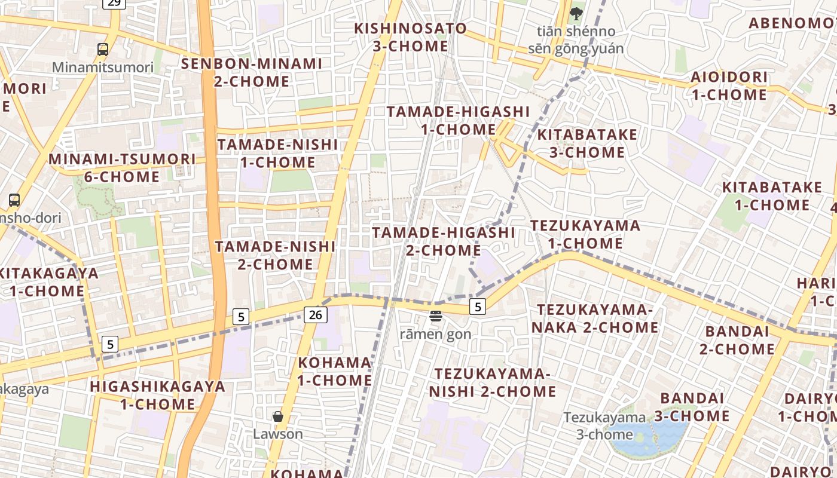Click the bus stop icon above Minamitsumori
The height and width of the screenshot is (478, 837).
[x=103, y=50]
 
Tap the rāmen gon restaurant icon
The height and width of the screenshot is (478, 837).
[x=435, y=316]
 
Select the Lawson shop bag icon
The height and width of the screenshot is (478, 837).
[x=277, y=416]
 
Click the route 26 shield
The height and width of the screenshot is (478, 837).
[x=315, y=314]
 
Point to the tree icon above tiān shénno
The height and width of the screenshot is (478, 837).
[x=576, y=13]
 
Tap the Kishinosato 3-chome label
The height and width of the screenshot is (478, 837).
[x=410, y=37]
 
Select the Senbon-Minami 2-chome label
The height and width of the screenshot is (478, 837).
[x=252, y=72]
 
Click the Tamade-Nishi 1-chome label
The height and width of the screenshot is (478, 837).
[x=277, y=154]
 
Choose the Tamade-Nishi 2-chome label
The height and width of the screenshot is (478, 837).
[x=275, y=255]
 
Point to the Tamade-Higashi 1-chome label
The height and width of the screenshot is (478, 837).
[x=458, y=120]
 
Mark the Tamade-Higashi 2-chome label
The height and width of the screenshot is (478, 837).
[x=443, y=241]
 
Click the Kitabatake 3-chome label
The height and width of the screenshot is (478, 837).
[x=587, y=143]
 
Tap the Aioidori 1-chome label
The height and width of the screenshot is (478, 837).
[x=729, y=85]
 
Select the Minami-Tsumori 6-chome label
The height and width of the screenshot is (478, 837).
[x=122, y=168]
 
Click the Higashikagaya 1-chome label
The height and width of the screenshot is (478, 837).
[x=158, y=395]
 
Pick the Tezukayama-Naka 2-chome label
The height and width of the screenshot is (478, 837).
[x=595, y=318]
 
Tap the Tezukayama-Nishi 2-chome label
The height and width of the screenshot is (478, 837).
[x=493, y=382]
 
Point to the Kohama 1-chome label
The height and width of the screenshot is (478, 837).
[x=335, y=371]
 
